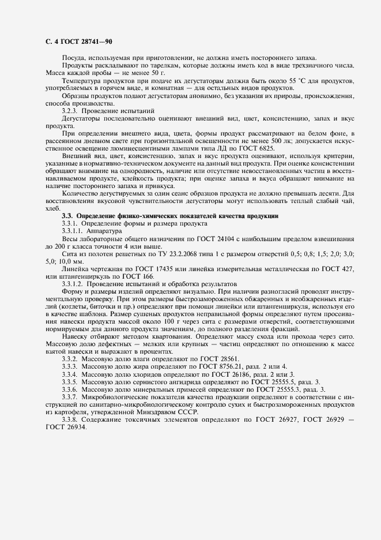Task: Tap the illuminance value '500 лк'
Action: pos(271,141)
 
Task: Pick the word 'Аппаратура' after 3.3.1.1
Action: pos(102,230)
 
